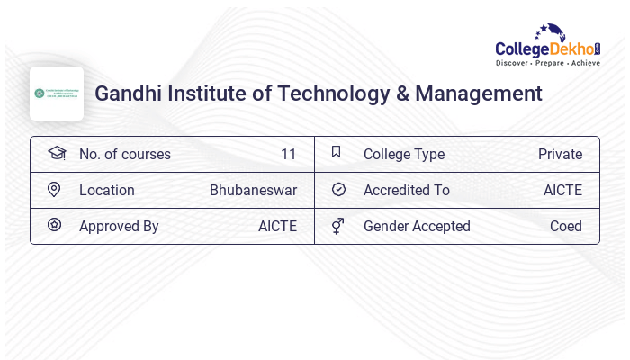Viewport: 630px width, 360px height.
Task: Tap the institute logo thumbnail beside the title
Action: coord(57,94)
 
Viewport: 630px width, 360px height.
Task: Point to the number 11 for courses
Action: coord(288,154)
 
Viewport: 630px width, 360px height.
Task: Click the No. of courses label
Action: coord(124,154)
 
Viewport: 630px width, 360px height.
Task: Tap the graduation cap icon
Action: coord(57,153)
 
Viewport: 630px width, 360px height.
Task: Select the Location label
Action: coord(106,190)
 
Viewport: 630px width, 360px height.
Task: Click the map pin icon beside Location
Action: coord(54,190)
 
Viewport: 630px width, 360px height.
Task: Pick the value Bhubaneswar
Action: coord(253,190)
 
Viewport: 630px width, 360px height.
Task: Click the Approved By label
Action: coord(119,226)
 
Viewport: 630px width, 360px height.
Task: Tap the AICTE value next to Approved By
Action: coord(277,226)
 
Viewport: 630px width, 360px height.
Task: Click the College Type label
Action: coord(403,154)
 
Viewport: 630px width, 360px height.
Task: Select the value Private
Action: coord(560,154)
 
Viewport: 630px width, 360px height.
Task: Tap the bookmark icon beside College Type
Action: coord(337,152)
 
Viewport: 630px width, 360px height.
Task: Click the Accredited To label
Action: coord(406,190)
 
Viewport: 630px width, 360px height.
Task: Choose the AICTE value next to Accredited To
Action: coord(562,190)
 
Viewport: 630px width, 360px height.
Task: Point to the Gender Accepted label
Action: coord(417,226)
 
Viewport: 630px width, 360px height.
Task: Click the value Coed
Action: coord(566,226)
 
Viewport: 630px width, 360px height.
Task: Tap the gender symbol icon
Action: coord(337,226)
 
